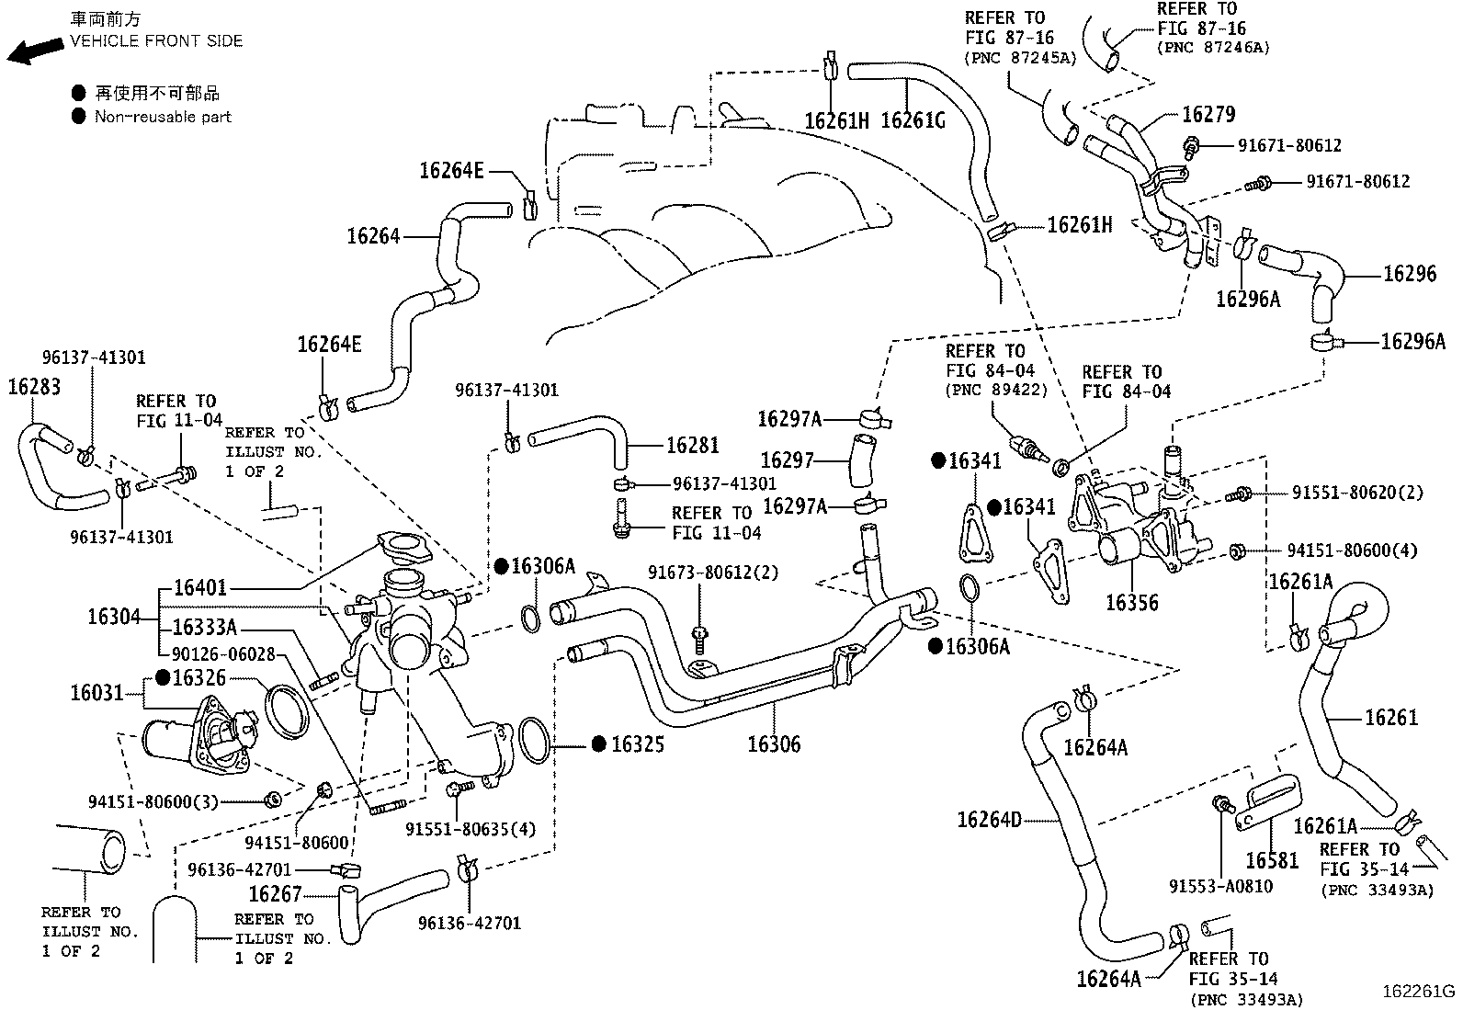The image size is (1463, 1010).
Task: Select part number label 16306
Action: point(773,744)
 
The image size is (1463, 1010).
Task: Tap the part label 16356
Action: point(1131,603)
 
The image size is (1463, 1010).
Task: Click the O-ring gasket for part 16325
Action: point(536,740)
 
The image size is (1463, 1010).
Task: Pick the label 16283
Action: point(34,387)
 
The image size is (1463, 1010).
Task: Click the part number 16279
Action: point(1208,115)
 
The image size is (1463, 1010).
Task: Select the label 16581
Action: point(1272,860)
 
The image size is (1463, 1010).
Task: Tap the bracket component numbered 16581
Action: point(1268,800)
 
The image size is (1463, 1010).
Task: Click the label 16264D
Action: point(989,819)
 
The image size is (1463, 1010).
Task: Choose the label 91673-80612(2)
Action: point(712,573)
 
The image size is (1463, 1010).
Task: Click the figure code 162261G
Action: point(1419,992)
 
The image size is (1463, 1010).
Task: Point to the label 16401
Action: point(199,587)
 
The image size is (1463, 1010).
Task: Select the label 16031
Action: point(96,692)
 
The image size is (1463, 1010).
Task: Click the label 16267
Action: point(275,894)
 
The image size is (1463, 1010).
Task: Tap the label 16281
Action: point(692,446)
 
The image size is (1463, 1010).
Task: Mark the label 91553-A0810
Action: point(1220,887)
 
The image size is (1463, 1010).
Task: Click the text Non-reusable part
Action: point(163,117)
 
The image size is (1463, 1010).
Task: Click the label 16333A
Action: point(205,628)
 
